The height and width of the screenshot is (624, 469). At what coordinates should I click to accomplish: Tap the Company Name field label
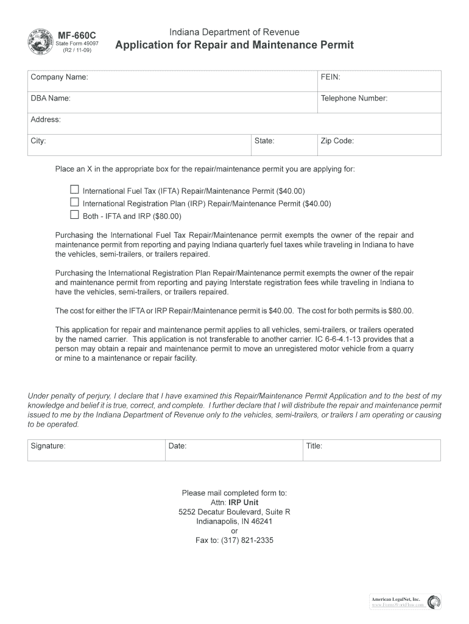pos(59,78)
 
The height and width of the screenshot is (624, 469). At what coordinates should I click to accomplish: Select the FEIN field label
pos(331,78)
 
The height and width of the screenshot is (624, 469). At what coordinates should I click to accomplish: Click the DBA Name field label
pos(51,98)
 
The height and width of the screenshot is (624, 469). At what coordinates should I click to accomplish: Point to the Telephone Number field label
pos(354,98)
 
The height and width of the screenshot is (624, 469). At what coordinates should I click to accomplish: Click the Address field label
pos(46,119)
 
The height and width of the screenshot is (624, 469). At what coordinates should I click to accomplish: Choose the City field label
pos(38,141)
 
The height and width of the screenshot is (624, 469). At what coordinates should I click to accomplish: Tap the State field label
pos(264,141)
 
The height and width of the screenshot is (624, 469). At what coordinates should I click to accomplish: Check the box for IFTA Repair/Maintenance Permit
pos(75,190)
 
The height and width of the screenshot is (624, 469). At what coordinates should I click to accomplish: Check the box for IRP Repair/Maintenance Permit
pos(75,202)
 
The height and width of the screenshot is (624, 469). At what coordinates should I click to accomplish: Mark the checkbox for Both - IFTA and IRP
pos(75,215)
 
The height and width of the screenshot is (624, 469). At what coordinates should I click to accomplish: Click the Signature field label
pos(48,446)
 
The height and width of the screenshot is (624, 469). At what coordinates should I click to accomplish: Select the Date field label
pos(177,446)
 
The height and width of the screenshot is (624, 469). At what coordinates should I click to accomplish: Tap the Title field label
pos(314,446)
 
